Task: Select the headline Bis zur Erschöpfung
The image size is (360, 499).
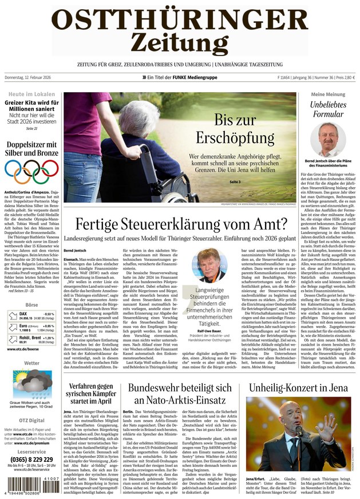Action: pos(235,129)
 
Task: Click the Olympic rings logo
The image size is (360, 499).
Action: pos(31,169)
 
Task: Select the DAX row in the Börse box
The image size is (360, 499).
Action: pos(31,315)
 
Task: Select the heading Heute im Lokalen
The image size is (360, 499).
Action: pos(31,93)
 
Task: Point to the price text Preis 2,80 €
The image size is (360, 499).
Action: pos(343,77)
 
